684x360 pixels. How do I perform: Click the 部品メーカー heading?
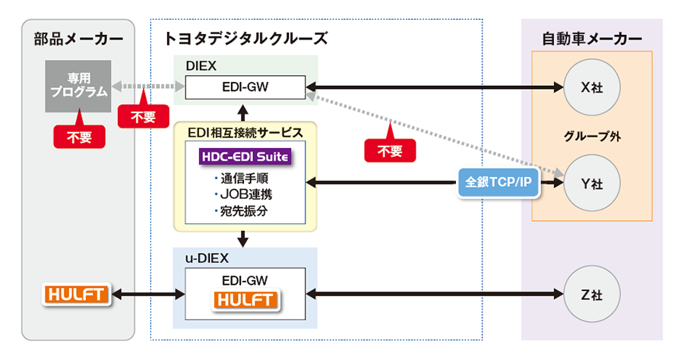[x=78, y=37]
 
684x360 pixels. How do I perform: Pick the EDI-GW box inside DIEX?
[x=245, y=87]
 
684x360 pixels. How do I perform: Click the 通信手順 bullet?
[x=242, y=179]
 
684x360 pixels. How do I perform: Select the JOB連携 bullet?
[x=242, y=194]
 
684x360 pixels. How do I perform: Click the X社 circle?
[x=591, y=87]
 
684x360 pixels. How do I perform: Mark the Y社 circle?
[x=591, y=183]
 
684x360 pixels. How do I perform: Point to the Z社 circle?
[x=591, y=294]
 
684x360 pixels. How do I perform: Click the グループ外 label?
[x=591, y=137]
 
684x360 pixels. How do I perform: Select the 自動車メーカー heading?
[x=591, y=37]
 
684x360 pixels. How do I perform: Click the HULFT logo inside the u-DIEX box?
[x=245, y=301]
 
